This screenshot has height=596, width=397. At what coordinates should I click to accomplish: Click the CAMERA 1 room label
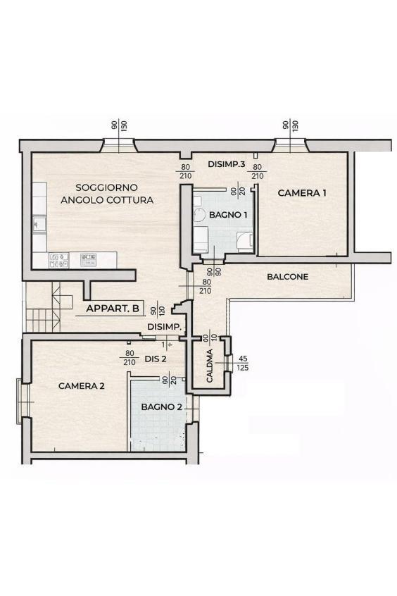coord(302,193)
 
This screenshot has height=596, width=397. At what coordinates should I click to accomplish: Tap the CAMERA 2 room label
coord(81,386)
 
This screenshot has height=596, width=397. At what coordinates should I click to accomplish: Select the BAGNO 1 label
coord(228,215)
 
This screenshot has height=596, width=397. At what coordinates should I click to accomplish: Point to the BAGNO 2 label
coord(161,406)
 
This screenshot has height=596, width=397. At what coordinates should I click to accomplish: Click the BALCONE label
coord(288,276)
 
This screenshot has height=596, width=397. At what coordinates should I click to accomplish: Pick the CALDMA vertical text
coord(210,366)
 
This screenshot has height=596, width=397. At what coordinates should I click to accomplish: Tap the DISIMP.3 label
coord(227,164)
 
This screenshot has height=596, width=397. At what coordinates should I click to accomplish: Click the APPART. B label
coord(113,309)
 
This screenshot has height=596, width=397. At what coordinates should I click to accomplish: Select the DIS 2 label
coord(156,359)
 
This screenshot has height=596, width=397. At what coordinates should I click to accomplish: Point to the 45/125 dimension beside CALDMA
coord(243,364)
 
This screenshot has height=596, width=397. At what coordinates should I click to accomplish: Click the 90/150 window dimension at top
coord(119,125)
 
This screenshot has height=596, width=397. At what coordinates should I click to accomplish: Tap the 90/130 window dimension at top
coord(291,125)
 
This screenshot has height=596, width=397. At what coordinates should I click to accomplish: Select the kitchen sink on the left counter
coord(39,224)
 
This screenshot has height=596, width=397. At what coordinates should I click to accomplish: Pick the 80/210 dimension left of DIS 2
coord(130,358)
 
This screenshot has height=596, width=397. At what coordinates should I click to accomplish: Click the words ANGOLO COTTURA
coord(107,200)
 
